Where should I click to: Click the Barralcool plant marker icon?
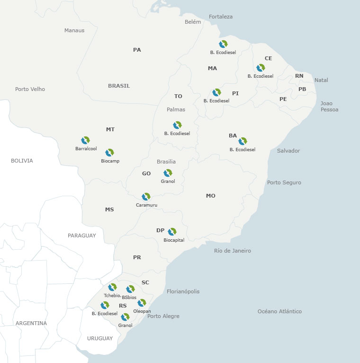85,140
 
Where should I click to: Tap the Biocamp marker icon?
110,153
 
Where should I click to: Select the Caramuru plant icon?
146,197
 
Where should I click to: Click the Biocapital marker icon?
172,232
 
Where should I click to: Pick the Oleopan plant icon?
142,303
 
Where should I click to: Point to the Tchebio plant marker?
112,287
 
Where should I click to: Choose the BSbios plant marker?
130,289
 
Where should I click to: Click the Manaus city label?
74,30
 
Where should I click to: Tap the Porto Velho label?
30,89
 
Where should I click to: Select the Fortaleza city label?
221,17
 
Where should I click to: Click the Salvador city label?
288,151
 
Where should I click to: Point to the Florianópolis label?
183,291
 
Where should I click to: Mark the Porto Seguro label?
284,182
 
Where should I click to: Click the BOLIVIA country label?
22,161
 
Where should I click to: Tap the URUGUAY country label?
100,338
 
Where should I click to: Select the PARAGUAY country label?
81,236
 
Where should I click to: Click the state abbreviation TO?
178,96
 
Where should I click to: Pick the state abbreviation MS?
109,209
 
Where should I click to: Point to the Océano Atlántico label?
279,311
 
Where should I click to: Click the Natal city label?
321,80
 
